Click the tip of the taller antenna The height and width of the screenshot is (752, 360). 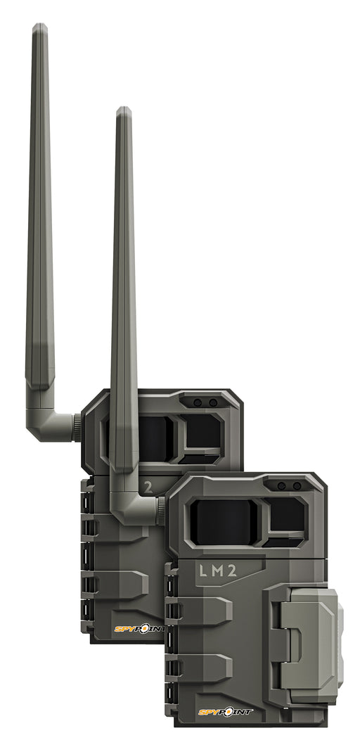coord(39,25)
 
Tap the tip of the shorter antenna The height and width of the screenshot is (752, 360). coord(124,108)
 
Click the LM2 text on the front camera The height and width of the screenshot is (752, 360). coord(218,571)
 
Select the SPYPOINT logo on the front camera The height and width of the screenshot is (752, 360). coord(225,712)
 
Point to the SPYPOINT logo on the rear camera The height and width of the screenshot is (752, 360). coord(139,628)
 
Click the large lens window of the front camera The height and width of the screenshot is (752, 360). coord(224,522)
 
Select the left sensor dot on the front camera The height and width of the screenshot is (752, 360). coord(282,486)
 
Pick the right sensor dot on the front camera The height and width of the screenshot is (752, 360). coord(297,486)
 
